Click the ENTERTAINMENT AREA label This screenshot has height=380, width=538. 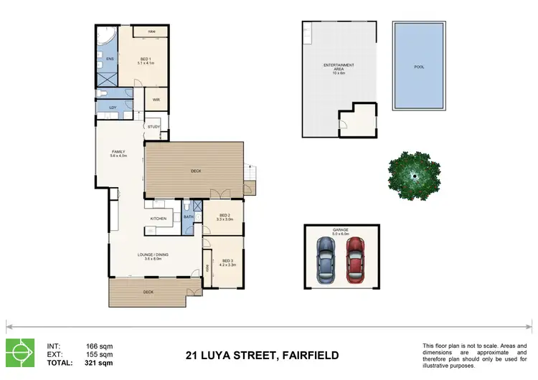pos(339,66)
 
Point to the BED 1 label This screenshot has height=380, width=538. pos(146,60)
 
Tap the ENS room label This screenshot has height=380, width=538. pos(110,59)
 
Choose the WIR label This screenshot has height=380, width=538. pos(156,100)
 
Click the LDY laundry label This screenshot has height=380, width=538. pos(113,108)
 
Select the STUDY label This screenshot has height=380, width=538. pos(154,127)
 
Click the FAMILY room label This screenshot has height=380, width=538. pos(118,152)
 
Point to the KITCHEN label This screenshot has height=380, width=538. pos(159,218)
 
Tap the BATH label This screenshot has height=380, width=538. pos(189,217)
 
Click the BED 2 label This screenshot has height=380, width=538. pos(225,215)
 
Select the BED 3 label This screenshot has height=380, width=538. pos(227,261)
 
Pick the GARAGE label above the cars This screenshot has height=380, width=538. pos(340,231)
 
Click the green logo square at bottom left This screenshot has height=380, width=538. pos(19,352)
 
